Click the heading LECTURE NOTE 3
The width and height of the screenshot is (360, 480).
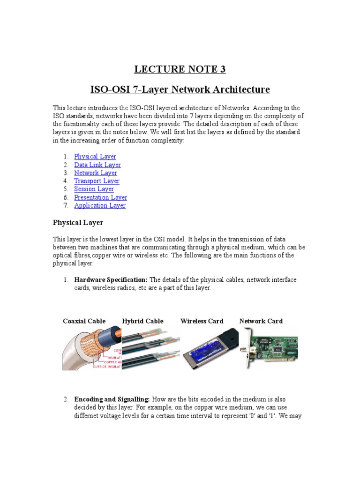tap(180, 69)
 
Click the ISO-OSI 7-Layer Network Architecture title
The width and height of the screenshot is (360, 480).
tap(180, 89)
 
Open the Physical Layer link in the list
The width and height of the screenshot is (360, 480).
tap(95, 157)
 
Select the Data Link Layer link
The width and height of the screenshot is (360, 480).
tap(97, 165)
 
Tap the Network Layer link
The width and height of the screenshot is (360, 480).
tap(95, 173)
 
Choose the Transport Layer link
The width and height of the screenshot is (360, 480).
tap(97, 181)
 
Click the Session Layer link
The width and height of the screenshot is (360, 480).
tap(94, 189)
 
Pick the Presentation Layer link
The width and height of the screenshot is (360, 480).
tap(100, 197)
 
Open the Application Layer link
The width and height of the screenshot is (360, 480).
tap(99, 205)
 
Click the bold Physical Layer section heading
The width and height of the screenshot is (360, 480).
tap(78, 222)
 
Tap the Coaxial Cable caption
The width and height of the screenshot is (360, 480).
tap(84, 321)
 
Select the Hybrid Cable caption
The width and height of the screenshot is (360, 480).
tap(142, 321)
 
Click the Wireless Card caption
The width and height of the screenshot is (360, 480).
tap(202, 321)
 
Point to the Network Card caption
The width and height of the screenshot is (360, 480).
tap(261, 321)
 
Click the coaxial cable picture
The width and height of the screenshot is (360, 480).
tap(91, 348)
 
